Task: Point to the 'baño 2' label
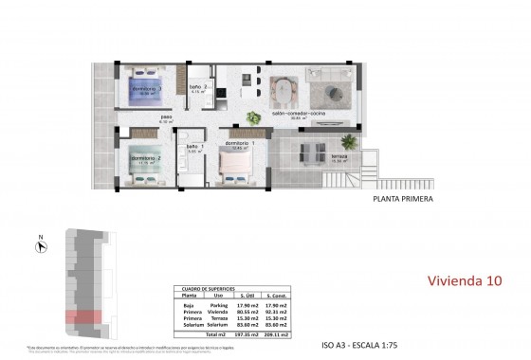click(x=196, y=87)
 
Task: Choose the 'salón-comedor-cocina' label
click(x=292, y=113)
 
